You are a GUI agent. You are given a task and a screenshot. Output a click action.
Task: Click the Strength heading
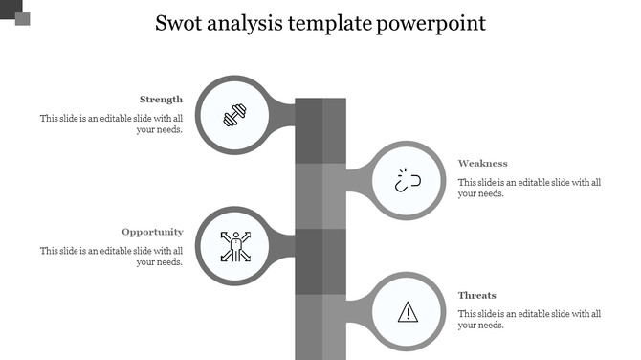click(161, 99)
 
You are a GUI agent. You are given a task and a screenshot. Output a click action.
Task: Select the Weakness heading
click(482, 163)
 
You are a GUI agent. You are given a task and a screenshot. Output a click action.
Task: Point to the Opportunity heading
click(152, 231)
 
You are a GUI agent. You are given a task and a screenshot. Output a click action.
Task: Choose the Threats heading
click(476, 295)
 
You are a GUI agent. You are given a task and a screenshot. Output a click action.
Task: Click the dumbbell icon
click(234, 116)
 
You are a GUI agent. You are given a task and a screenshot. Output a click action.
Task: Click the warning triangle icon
click(409, 311)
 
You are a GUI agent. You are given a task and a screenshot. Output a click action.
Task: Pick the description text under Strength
click(111, 124)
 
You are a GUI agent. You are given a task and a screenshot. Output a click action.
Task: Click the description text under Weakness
click(529, 188)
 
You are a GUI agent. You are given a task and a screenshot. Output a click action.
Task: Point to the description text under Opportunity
click(111, 256)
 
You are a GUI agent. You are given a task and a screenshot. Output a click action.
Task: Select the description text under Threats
click(529, 319)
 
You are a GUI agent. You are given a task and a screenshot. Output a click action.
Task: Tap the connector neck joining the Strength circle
click(282, 113)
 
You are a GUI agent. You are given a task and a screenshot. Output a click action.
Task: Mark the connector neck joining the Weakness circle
click(356, 179)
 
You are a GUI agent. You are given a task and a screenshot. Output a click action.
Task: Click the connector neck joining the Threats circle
click(356, 310)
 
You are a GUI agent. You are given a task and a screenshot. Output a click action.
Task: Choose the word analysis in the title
click(253, 24)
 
